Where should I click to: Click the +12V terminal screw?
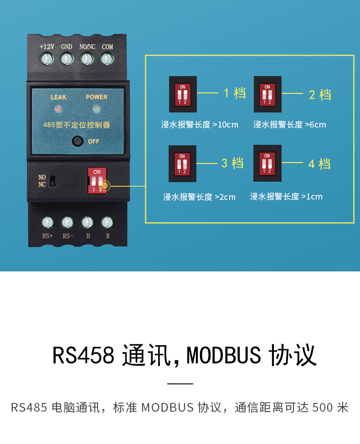[47, 58]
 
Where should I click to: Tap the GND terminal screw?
[67, 58]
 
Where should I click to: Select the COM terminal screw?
[107, 58]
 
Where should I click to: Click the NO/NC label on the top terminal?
[87, 47]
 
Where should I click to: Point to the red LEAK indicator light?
[58, 109]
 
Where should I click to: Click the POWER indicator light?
[96, 109]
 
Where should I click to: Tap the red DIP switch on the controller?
[97, 180]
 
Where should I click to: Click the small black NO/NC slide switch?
[52, 180]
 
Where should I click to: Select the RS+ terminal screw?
[47, 222]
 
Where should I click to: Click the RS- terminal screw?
[67, 222]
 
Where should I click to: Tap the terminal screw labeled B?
[87, 222]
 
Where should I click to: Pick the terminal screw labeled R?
[107, 222]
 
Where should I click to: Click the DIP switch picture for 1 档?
[183, 94]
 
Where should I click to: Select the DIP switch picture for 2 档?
[267, 94]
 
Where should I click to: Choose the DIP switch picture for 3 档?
[182, 163]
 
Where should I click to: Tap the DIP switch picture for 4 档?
[267, 163]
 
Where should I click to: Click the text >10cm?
[225, 125]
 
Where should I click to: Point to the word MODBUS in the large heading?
[224, 356]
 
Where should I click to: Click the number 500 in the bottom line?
[323, 407]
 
